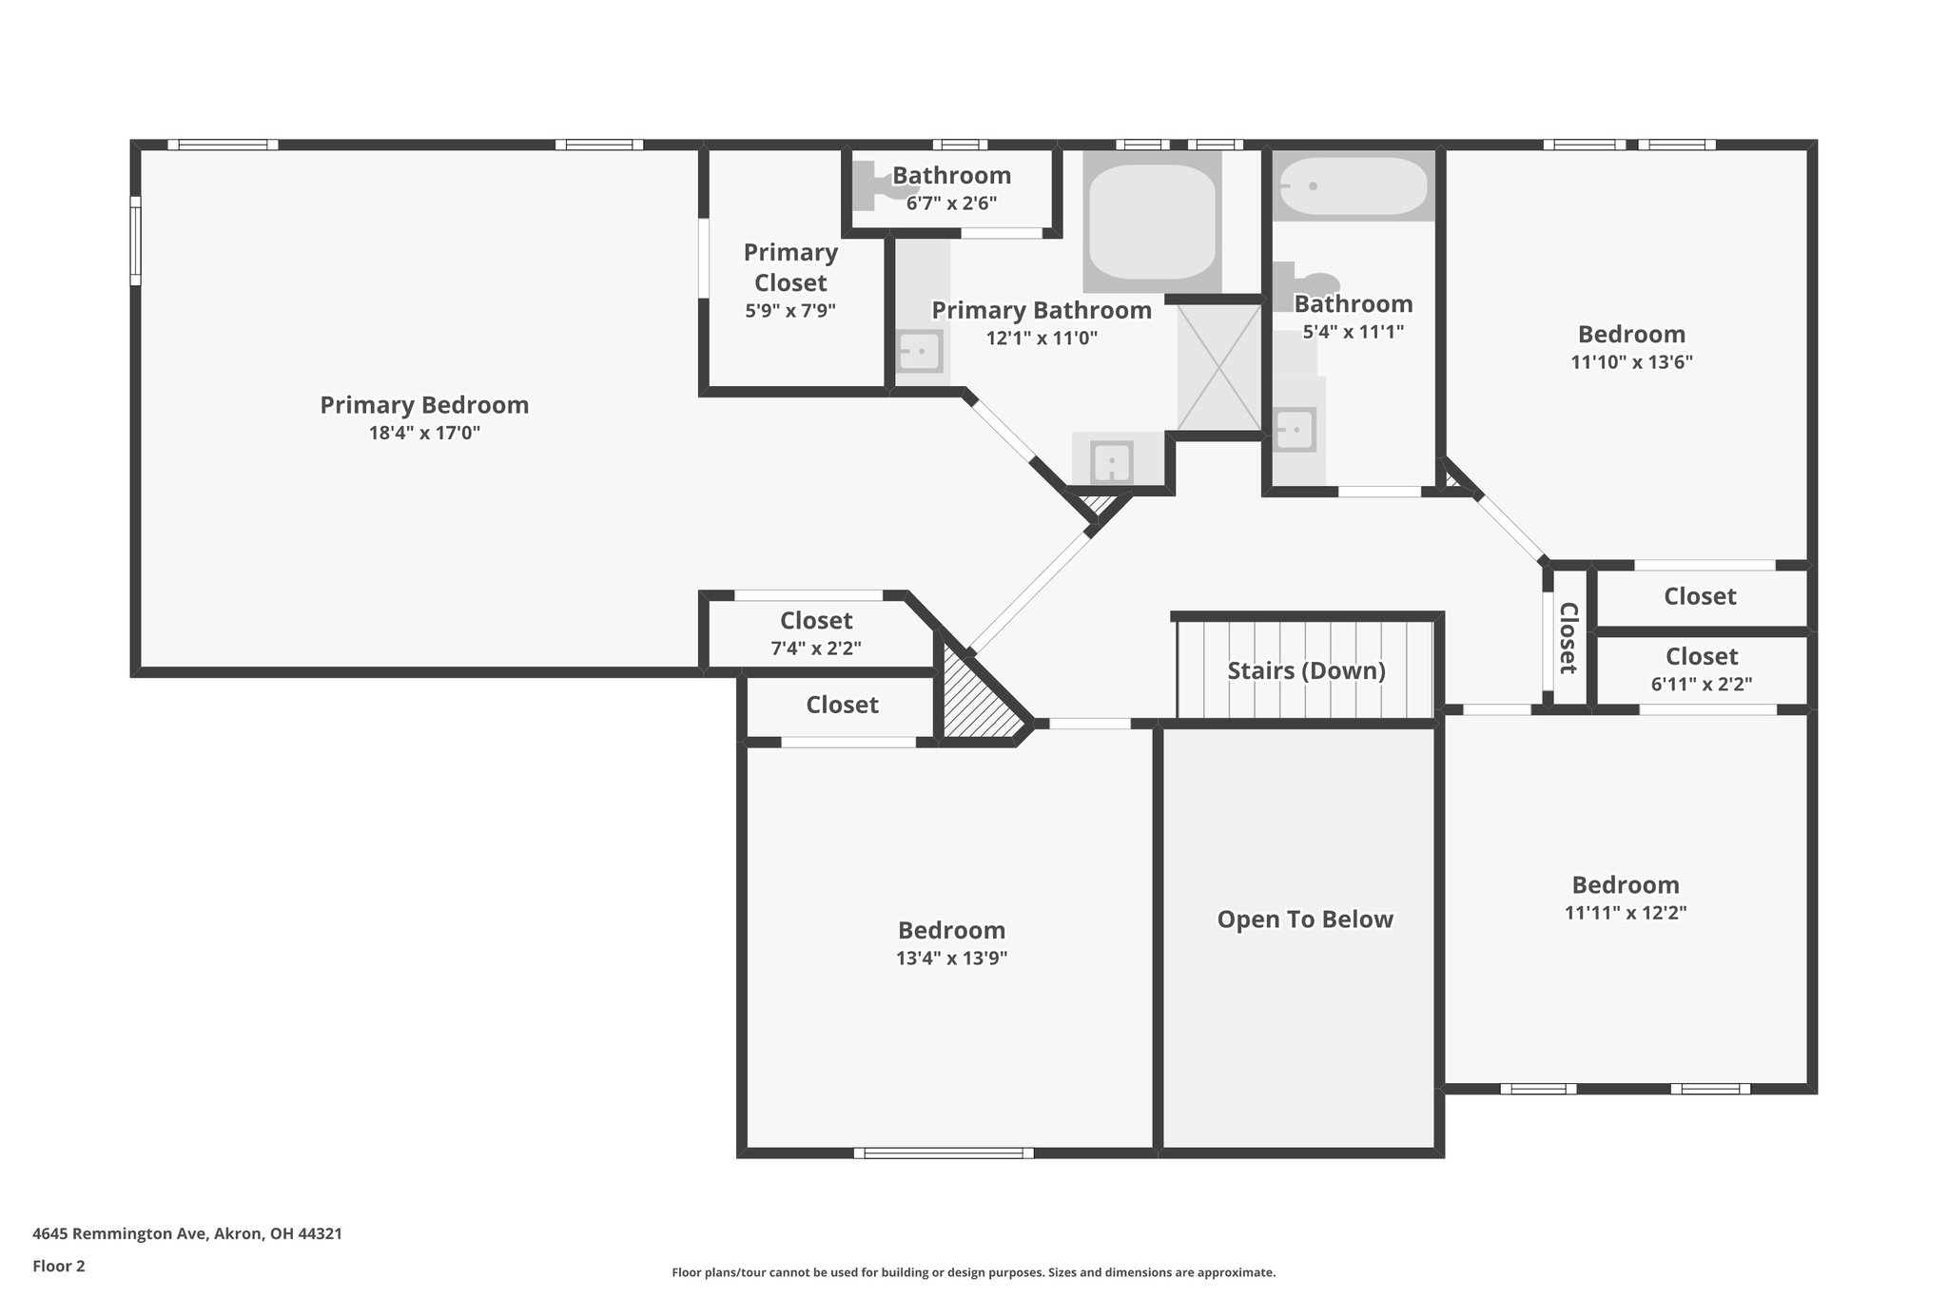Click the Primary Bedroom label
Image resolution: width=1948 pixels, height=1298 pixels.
coord(424,405)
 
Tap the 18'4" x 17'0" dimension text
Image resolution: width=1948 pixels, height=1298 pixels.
coord(424,434)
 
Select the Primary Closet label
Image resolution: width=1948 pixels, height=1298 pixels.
coord(790,267)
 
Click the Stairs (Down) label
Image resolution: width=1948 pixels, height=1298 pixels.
coord(1306,670)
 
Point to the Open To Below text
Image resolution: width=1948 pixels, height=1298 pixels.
coord(1305,920)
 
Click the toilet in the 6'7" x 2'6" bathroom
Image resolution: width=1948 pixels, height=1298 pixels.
coord(876,185)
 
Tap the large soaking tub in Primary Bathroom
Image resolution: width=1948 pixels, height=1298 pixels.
coord(1152,222)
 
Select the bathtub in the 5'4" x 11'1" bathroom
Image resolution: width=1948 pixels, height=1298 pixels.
coord(1354,185)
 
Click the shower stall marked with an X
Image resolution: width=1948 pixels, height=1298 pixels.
coord(1219,367)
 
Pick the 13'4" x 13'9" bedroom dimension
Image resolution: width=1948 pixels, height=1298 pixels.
coord(951,959)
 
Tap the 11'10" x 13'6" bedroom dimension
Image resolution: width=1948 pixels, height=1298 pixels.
coord(1632,362)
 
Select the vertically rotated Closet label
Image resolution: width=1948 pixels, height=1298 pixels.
coord(1568,638)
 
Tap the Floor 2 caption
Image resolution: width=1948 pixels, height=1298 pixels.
coord(59,1267)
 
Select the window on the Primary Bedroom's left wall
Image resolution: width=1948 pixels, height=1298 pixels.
coord(136,241)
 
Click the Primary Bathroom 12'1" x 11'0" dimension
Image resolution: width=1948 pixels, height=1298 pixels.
coord(1042,339)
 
